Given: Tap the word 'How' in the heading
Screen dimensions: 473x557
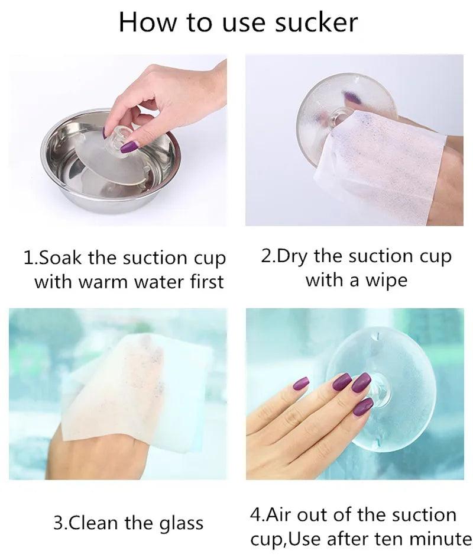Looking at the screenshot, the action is (x=147, y=22).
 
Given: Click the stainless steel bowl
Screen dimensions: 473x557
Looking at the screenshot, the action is (x=111, y=162).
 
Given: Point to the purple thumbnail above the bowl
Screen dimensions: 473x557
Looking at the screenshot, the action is (x=129, y=146).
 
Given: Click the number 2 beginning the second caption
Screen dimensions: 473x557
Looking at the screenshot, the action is (x=265, y=256).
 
